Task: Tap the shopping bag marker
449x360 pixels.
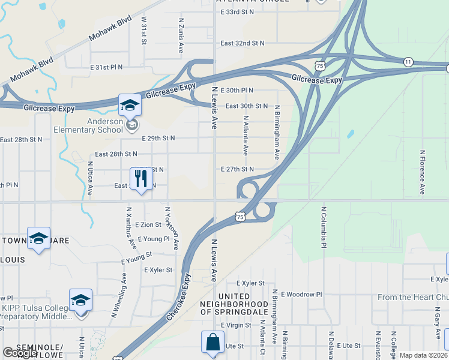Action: click(x=212, y=343)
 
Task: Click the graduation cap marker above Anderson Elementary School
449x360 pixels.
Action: click(x=130, y=106)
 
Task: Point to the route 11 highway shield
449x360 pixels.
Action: click(x=408, y=62)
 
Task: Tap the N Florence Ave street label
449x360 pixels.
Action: click(x=423, y=172)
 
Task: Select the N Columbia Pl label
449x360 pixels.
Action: click(x=323, y=228)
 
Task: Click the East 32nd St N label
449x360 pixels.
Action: click(x=242, y=43)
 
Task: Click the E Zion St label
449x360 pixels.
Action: click(x=148, y=224)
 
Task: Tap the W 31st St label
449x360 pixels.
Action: click(x=144, y=30)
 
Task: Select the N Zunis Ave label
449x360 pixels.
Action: click(x=181, y=35)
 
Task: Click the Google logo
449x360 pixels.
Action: click(x=20, y=353)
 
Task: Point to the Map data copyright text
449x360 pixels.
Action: click(x=423, y=355)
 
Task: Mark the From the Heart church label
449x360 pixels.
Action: click(x=413, y=297)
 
